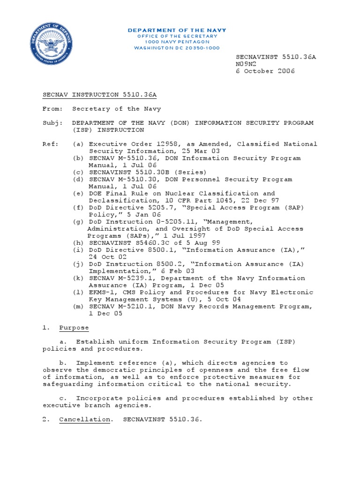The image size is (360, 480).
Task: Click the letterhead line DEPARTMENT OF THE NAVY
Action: (177, 30)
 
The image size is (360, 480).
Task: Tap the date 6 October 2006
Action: (265, 71)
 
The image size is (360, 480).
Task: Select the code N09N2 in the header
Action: (247, 64)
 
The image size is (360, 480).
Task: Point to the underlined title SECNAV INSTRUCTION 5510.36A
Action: (99, 95)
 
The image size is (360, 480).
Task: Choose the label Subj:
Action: (52, 123)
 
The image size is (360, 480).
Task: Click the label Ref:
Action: (50, 144)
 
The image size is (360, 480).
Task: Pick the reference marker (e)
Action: (79, 193)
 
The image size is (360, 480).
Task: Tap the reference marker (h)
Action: (79, 243)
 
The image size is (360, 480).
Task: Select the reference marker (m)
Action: (79, 306)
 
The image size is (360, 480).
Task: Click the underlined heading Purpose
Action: (74, 328)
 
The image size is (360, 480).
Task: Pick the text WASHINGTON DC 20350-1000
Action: (177, 48)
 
